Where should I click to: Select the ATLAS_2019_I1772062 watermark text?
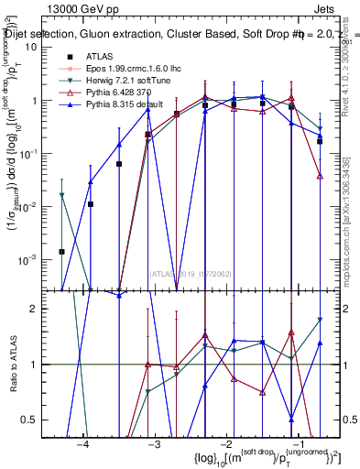pos(191,273)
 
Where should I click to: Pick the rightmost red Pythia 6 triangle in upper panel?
pos(320,175)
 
